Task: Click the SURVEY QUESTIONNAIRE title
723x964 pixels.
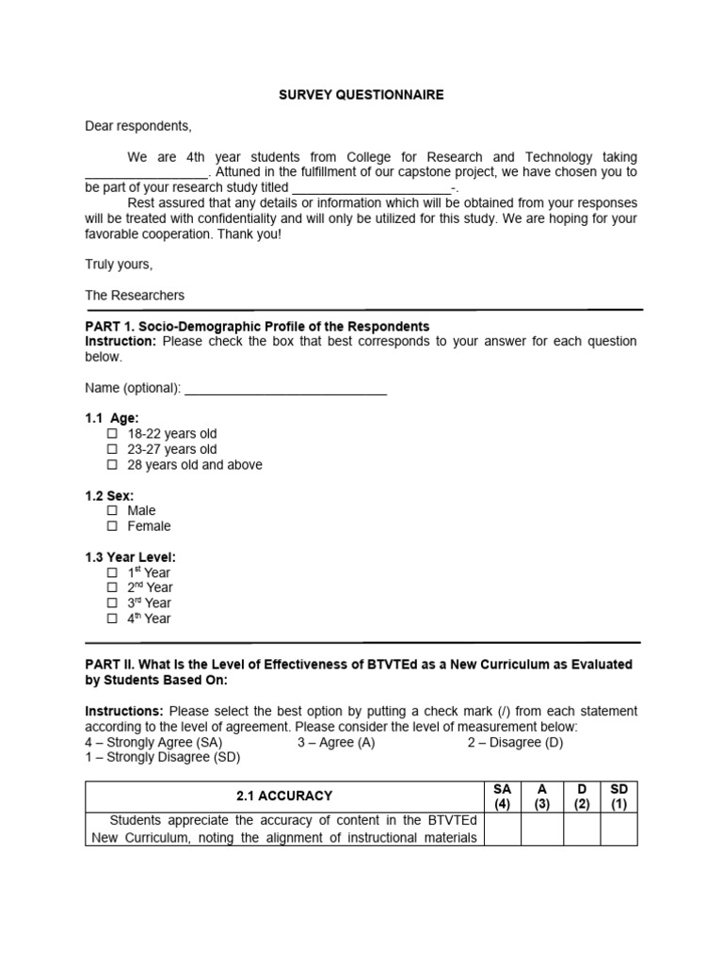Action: pos(361,95)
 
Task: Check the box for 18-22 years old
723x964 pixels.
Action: pos(112,434)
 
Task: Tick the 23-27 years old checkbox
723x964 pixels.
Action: pos(112,450)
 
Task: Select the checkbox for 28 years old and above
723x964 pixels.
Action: pos(112,465)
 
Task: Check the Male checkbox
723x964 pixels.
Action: pos(112,511)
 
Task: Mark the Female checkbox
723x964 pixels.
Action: pos(112,526)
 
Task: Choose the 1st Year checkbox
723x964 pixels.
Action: pos(112,572)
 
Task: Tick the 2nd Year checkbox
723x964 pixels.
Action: pos(112,587)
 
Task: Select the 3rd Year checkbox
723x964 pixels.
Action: pos(112,603)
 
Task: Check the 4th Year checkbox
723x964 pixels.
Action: pos(112,619)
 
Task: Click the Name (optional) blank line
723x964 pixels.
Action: pos(285,389)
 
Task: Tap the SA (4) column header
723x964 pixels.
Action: pos(502,795)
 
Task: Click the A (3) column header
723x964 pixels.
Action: pos(542,795)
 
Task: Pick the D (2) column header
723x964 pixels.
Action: pos(581,795)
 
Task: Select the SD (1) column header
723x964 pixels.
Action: pos(619,795)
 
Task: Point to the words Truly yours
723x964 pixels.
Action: pos(119,265)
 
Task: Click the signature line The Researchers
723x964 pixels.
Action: pos(135,296)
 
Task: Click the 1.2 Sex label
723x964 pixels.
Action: pos(109,495)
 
